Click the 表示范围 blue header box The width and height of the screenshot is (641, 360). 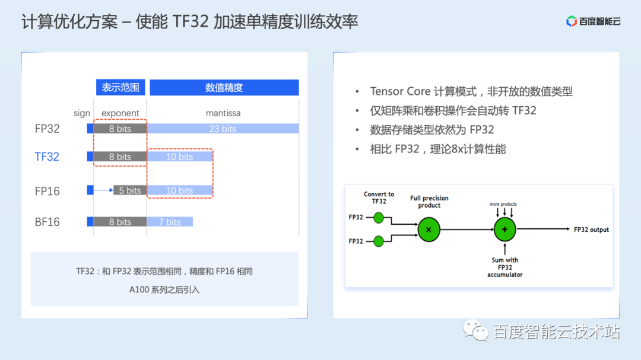pos(120,87)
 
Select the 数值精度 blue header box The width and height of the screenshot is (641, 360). pos(224,87)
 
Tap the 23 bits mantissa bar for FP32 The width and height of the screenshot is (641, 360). pos(223,129)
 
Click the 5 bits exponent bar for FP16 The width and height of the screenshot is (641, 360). pos(130,190)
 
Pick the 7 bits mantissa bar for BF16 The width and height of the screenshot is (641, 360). pos(170,222)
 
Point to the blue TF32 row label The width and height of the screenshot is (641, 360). pos(47,157)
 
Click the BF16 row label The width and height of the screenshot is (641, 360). pos(47,222)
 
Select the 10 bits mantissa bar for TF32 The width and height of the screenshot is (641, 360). pos(179,157)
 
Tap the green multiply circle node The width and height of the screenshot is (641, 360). pos(429,230)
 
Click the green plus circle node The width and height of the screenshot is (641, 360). pos(505,230)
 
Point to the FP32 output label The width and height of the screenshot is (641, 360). pos(591,230)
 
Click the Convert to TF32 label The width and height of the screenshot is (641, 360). pos(379,197)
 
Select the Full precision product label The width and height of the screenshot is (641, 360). pos(429,202)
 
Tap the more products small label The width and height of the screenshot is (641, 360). pos(503,204)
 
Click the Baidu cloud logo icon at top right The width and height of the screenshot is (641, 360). pos(571,21)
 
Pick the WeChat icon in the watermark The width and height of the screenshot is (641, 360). pos(475,330)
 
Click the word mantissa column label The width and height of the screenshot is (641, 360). pos(223,113)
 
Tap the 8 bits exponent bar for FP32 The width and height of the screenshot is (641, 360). pos(120,129)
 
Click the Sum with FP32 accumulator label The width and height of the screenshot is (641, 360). pos(505,267)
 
